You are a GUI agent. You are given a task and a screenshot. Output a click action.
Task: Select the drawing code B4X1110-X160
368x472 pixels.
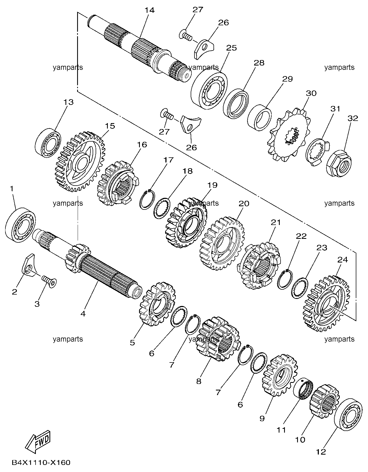(x=41, y=462)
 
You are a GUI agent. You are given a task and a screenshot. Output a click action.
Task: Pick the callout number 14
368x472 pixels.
(x=149, y=10)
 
